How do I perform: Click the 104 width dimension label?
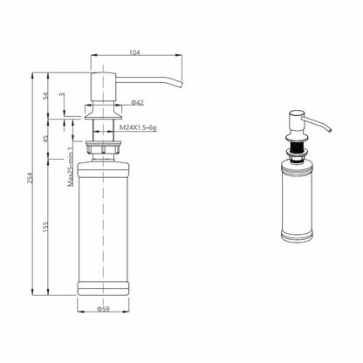pyautogui.click(x=134, y=52)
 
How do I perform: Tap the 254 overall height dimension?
pyautogui.click(x=31, y=178)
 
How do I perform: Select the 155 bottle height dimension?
pyautogui.click(x=45, y=227)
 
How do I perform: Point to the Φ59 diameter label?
pyautogui.click(x=103, y=309)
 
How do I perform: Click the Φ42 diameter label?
pyautogui.click(x=137, y=102)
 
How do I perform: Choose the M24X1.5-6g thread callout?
pyautogui.click(x=139, y=127)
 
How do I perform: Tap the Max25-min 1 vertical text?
pyautogui.click(x=71, y=167)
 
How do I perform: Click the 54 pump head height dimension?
pyautogui.click(x=45, y=96)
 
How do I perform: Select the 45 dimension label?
pyautogui.click(x=45, y=140)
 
